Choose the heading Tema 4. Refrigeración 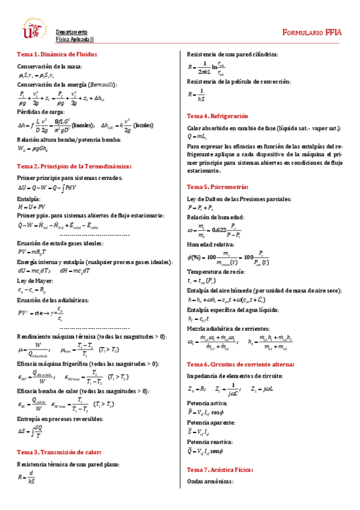pos(217,115)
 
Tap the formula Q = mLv pos(198,137)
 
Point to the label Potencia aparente pos(211,423)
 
